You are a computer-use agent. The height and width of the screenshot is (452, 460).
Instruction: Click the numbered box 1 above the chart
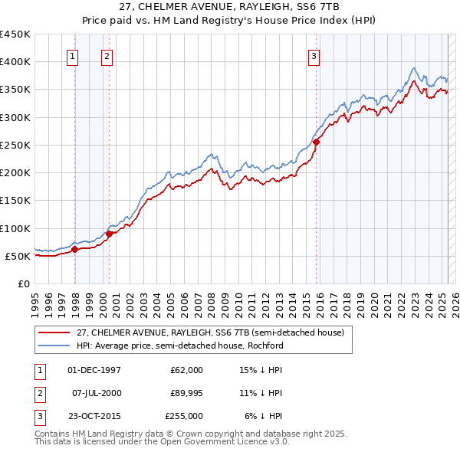(x=72, y=55)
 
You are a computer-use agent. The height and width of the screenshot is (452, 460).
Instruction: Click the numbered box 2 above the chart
(x=107, y=55)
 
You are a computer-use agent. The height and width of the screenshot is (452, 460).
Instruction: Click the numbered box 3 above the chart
(x=314, y=55)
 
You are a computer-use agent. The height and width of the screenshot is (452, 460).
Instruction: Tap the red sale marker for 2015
(x=316, y=142)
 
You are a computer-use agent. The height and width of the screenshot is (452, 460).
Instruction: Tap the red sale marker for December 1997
(x=75, y=249)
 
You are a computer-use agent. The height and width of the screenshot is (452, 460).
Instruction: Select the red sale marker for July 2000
(x=109, y=234)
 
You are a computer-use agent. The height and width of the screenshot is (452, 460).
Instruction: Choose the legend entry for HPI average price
(x=179, y=346)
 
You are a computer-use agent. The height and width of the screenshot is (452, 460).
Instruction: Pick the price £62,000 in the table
(x=186, y=370)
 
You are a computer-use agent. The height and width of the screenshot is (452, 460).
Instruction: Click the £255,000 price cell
(x=184, y=416)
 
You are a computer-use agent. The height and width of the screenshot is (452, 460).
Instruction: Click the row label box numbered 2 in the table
(x=38, y=393)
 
